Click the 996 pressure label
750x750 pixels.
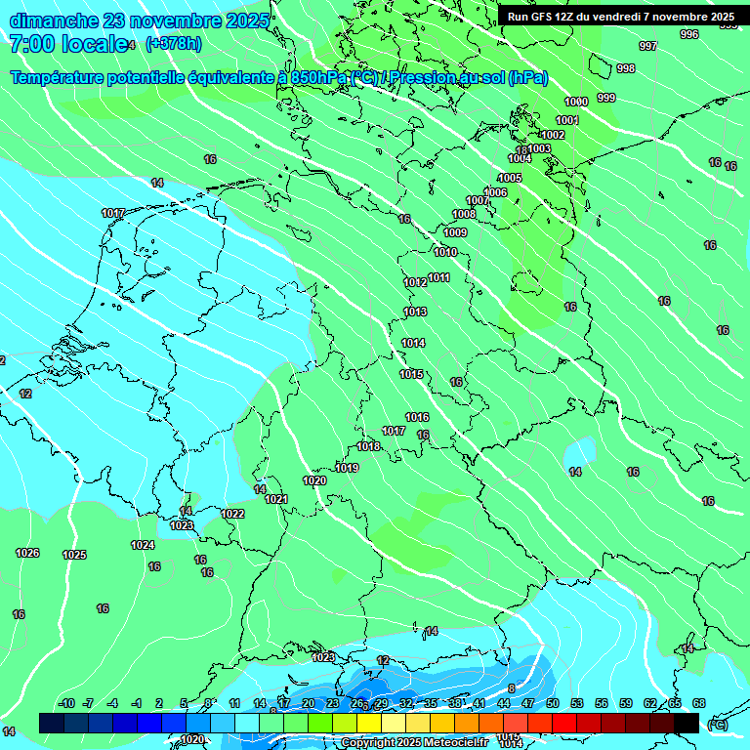point(689,34)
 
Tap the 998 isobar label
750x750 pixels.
point(626,68)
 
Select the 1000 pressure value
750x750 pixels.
point(576,102)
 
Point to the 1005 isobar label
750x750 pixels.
point(510,178)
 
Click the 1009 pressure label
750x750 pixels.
point(455,232)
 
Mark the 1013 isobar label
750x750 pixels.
point(415,312)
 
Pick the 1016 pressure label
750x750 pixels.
point(417,417)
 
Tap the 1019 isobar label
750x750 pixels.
point(347,468)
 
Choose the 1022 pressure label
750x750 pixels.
point(232,514)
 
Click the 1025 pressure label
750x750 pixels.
point(74,555)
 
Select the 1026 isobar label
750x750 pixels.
point(27,553)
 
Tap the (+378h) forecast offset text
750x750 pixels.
point(173,43)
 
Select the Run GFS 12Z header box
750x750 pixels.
point(621,17)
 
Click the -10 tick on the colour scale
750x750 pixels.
point(67,703)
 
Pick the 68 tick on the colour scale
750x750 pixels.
point(699,703)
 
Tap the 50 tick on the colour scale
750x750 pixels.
point(553,703)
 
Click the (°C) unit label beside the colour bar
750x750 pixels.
point(717,724)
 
